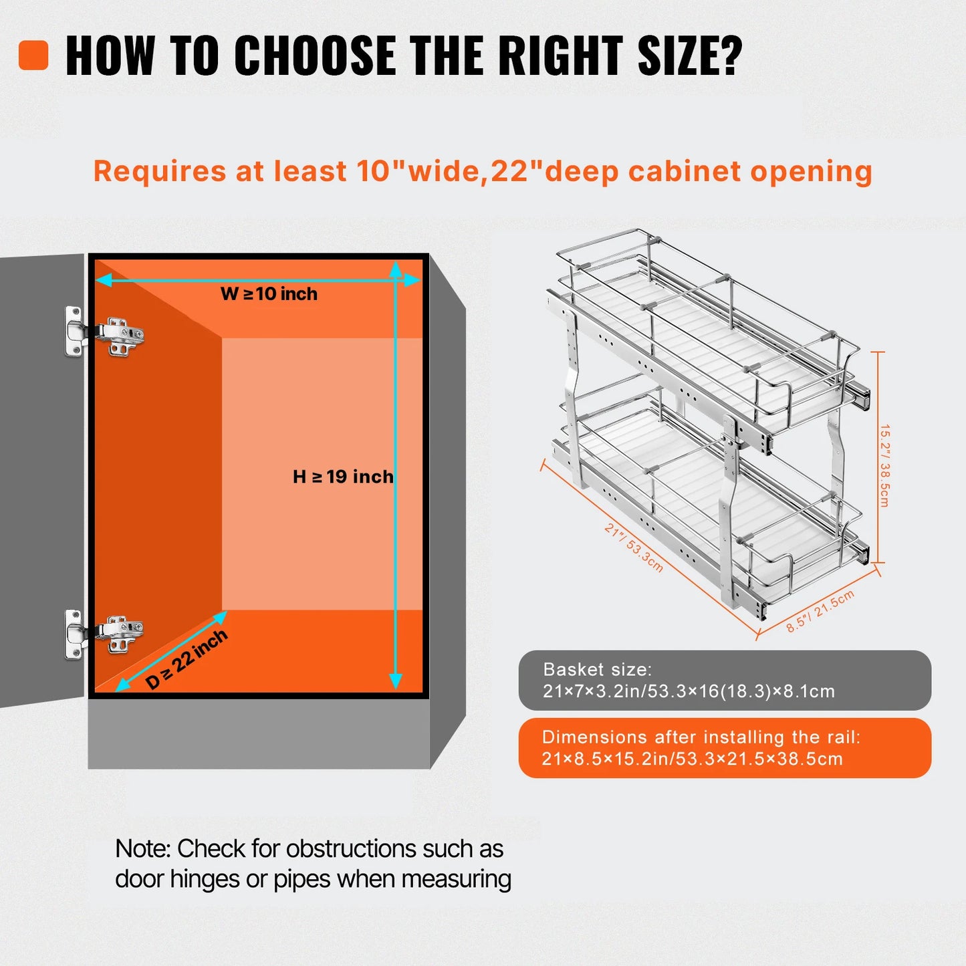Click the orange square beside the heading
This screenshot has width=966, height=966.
pos(33,55)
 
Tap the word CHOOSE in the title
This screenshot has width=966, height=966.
pos(314,55)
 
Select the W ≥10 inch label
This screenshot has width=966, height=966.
pos(269,293)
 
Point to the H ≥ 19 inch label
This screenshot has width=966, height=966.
pos(343,477)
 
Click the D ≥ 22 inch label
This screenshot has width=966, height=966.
pos(187,659)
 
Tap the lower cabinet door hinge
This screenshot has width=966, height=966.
pos(104,634)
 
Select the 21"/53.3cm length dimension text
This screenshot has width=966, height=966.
pos(634,548)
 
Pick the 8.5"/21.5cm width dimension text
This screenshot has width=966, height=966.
pos(820,611)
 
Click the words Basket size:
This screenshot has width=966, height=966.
pos(597,670)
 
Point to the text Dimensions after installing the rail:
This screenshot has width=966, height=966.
pos(701,737)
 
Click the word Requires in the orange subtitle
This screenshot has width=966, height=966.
pos(160,172)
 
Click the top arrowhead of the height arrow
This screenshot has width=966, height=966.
pos(396,269)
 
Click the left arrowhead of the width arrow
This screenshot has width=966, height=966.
pos(104,279)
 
